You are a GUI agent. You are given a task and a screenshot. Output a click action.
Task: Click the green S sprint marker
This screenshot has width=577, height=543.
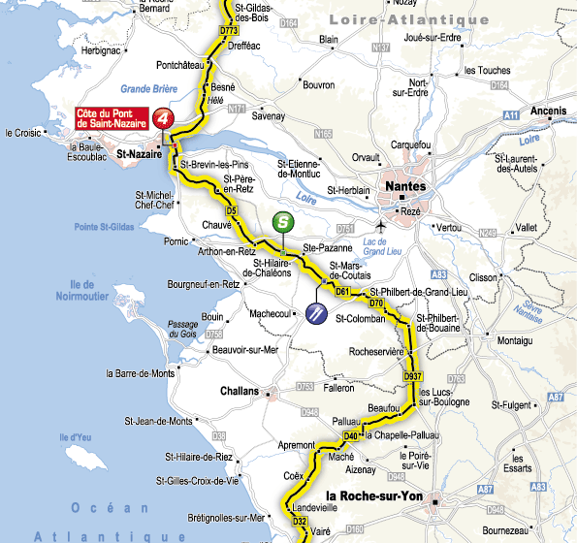point(282,221)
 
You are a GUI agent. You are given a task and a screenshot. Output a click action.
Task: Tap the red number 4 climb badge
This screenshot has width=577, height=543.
point(165,118)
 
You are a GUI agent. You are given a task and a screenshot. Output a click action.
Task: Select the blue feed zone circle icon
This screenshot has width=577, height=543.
point(316,312)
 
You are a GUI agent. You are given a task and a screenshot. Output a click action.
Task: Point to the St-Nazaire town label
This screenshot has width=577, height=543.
point(139,153)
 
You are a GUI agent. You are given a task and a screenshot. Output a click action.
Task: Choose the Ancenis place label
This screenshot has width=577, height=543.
point(548,112)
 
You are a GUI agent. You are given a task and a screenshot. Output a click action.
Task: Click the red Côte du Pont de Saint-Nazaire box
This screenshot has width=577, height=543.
point(112,118)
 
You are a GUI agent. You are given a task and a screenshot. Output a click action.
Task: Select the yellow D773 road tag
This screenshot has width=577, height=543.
point(229,31)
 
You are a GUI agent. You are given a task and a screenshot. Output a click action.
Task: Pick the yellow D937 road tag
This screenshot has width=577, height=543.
point(413,375)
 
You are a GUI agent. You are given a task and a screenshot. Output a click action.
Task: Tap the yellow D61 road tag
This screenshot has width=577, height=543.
point(341,291)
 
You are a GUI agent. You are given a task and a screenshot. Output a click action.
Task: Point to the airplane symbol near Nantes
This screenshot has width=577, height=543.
point(385,226)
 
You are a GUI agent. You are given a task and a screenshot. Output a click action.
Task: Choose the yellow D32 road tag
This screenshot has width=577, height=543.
point(301,522)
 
